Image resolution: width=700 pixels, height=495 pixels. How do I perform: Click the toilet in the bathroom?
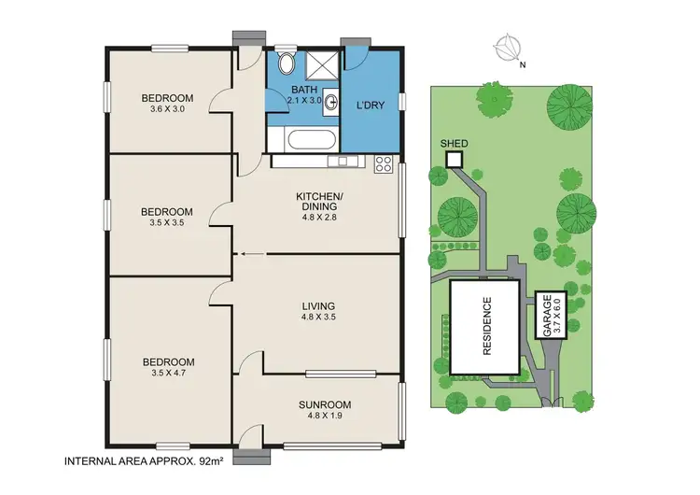[x=286, y=64]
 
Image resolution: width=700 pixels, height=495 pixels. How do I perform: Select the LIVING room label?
[x=318, y=306]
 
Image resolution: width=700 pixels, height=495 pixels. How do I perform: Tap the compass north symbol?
[x=509, y=47]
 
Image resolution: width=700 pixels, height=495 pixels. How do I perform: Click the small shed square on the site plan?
[x=454, y=160]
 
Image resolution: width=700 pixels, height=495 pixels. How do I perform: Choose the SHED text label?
[x=454, y=144]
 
